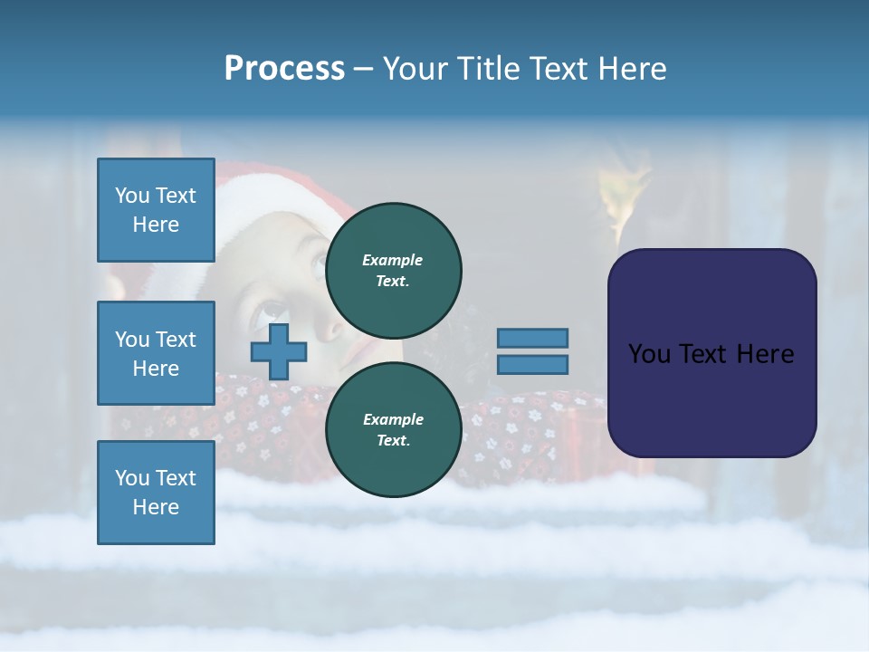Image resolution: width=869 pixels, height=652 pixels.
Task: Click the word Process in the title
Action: [284, 69]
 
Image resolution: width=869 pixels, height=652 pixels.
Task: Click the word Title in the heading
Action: [484, 69]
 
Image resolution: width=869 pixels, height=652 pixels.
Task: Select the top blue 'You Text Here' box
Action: [156, 210]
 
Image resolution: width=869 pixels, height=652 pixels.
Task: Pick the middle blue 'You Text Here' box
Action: [156, 353]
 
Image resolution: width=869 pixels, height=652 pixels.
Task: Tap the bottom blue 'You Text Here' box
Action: [156, 492]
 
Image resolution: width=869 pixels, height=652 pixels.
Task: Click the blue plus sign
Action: [278, 351]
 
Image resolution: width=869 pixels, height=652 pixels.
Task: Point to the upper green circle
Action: [393, 270]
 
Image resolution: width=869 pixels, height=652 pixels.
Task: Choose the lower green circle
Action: [393, 429]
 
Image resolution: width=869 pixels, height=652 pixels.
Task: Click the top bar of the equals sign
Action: [533, 338]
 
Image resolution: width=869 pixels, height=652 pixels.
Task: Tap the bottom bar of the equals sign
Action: [533, 365]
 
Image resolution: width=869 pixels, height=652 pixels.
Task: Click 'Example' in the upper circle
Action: [392, 260]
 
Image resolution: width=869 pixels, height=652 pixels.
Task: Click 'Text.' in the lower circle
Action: [392, 441]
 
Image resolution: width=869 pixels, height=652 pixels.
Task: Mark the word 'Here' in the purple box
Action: [765, 354]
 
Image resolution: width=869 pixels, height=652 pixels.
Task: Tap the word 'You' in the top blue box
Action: [132, 196]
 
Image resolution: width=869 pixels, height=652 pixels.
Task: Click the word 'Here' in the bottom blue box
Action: [156, 507]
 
